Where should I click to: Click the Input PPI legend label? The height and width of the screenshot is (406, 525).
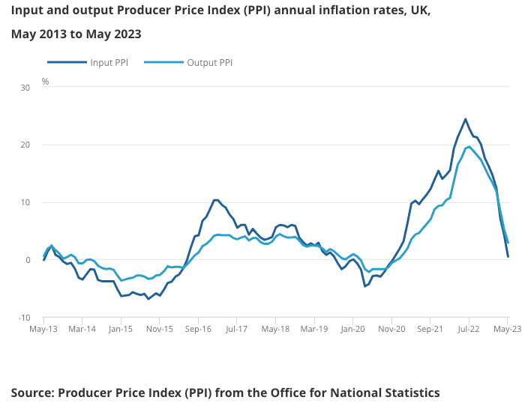tap(109, 62)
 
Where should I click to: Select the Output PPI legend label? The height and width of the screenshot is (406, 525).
tap(209, 62)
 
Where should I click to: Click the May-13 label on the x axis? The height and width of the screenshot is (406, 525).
tap(43, 328)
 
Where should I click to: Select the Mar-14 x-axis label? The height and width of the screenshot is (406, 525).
tap(82, 328)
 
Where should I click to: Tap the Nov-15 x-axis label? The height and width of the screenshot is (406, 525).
tap(159, 328)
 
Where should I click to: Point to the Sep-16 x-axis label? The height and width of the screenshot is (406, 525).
tap(197, 328)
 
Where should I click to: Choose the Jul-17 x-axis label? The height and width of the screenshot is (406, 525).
tap(236, 328)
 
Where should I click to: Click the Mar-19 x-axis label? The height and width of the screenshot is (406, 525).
tap(313, 328)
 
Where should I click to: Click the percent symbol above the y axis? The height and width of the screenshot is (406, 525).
tap(45, 81)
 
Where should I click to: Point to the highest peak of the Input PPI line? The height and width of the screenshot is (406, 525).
tap(465, 119)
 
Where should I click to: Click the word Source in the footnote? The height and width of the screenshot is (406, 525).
tap(32, 393)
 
